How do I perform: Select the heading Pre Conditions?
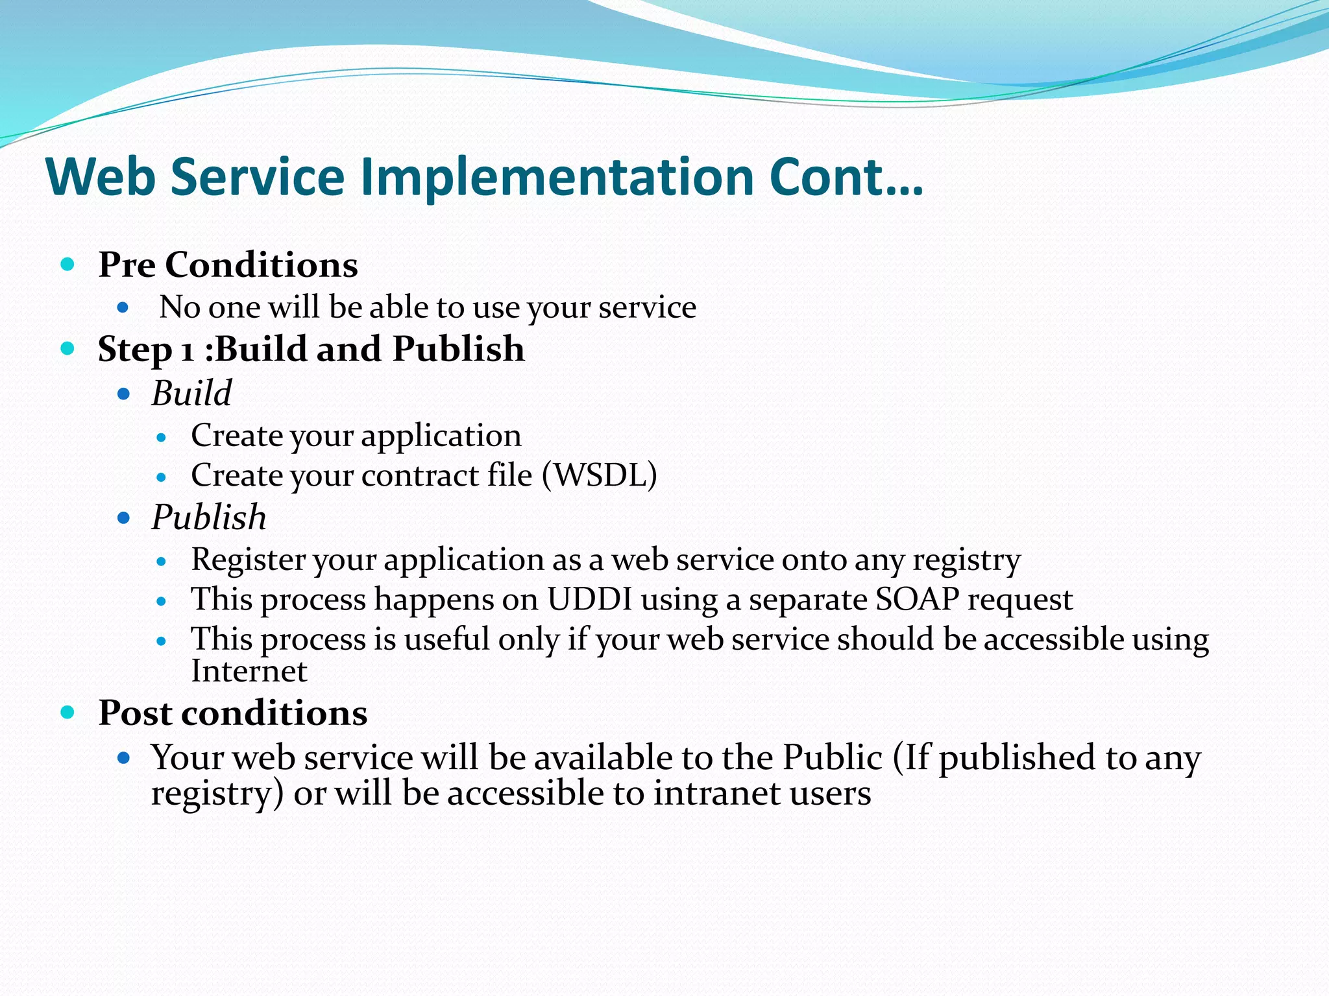click(228, 265)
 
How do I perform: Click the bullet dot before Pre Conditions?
click(67, 264)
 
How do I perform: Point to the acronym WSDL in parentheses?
click(599, 475)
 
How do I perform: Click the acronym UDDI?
click(589, 599)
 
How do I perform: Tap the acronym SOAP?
click(917, 599)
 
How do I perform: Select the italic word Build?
click(191, 394)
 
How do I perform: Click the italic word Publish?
click(209, 517)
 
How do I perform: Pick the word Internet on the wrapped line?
click(249, 671)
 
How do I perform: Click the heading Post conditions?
click(233, 713)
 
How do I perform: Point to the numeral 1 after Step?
click(188, 351)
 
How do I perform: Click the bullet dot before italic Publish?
click(124, 518)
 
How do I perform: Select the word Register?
click(248, 560)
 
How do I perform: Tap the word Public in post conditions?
click(833, 757)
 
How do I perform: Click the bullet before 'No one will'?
click(123, 307)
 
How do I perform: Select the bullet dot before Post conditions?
click(67, 713)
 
